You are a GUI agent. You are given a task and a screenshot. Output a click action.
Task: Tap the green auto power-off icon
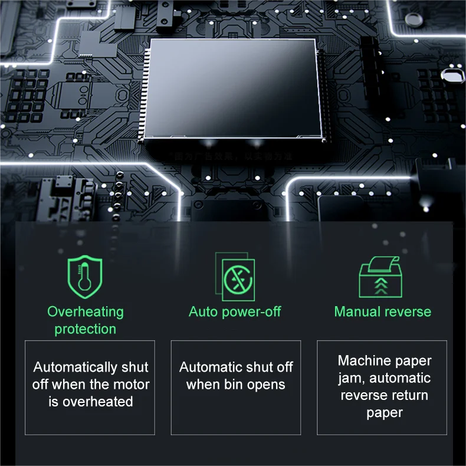pyautogui.click(x=235, y=276)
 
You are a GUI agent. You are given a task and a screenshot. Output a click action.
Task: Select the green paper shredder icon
pyautogui.click(x=380, y=278)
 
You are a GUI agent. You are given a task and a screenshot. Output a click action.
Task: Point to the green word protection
pyautogui.click(x=86, y=329)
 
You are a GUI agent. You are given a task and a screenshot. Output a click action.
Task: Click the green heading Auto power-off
pyautogui.click(x=235, y=311)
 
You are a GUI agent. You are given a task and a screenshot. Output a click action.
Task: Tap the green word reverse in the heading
pyautogui.click(x=408, y=311)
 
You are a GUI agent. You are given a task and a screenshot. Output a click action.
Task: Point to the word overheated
pyautogui.click(x=97, y=402)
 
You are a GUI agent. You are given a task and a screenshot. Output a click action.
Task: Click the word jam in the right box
pyautogui.click(x=351, y=378)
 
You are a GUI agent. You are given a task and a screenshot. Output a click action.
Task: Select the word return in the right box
pyautogui.click(x=408, y=395)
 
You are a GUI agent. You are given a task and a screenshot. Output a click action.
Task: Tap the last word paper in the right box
pyautogui.click(x=384, y=413)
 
